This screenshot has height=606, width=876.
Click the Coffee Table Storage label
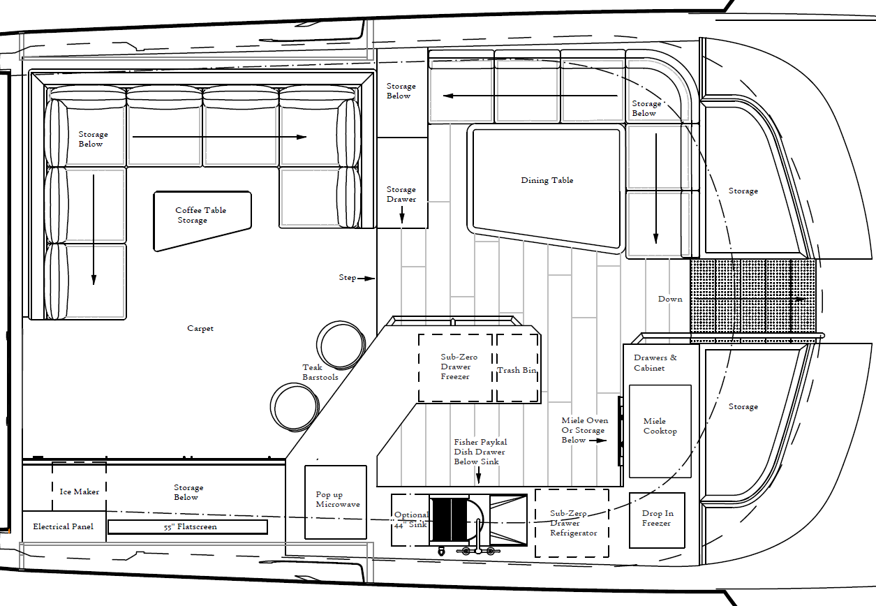[200, 215]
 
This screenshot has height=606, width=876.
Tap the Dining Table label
[547, 180]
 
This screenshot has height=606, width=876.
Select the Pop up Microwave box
[336, 502]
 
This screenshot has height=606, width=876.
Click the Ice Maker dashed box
[79, 487]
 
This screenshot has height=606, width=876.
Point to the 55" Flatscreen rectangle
[187, 526]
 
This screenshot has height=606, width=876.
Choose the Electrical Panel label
[63, 526]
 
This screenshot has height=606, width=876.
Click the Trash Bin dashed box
[517, 369]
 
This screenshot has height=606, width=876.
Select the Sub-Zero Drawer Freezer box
[456, 368]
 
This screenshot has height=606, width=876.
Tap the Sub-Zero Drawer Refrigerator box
[572, 523]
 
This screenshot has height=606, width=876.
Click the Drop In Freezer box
[656, 520]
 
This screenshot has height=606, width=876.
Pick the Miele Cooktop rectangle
[660, 431]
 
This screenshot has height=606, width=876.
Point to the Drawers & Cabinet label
[655, 363]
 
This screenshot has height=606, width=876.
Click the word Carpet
[200, 328]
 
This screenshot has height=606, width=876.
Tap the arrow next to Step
[366, 278]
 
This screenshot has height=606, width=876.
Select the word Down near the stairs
[670, 299]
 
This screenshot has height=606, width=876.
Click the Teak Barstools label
[320, 372]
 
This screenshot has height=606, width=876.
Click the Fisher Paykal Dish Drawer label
[480, 452]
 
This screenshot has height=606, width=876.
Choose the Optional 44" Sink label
[411, 519]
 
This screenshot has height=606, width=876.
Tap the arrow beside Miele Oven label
[598, 441]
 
